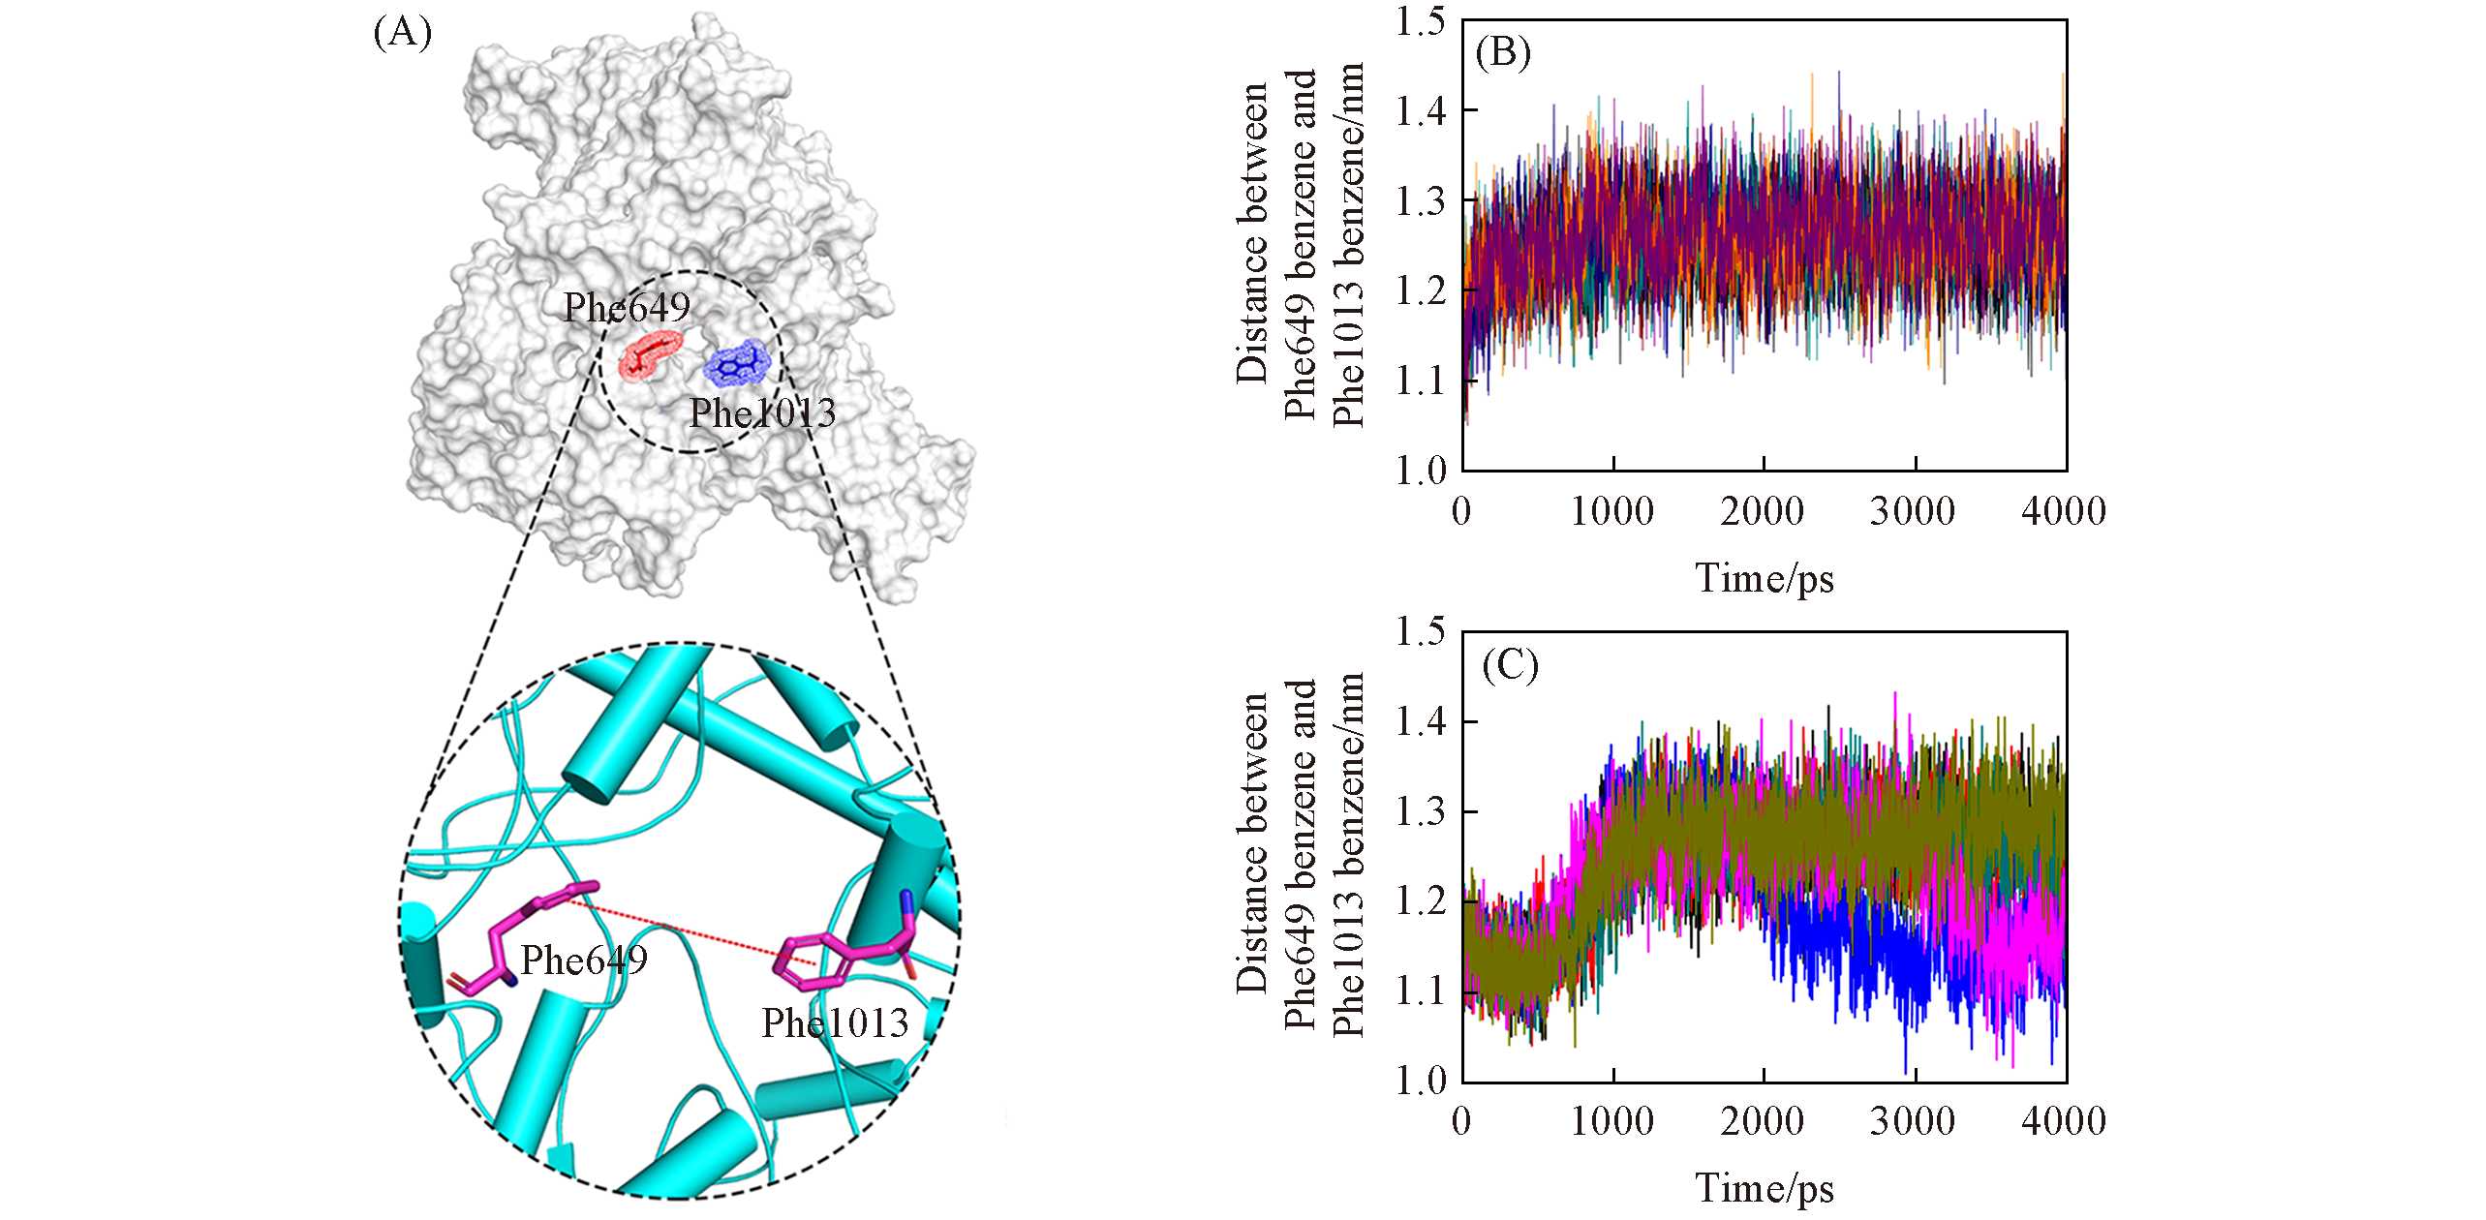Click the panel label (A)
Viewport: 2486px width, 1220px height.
click(x=402, y=33)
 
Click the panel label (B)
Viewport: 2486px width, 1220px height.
click(x=1502, y=51)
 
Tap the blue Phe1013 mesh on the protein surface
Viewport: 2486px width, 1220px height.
click(x=737, y=364)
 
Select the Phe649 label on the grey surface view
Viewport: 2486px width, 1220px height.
click(x=627, y=308)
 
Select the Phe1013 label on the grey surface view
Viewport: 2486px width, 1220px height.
click(x=761, y=413)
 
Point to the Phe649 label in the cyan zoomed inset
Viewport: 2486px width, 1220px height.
click(x=584, y=961)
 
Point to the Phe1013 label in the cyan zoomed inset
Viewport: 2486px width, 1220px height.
click(x=835, y=1023)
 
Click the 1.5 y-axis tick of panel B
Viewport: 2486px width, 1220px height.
click(x=1420, y=21)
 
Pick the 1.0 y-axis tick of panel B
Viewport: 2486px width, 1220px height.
click(x=1420, y=472)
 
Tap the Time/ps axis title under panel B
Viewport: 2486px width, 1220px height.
click(x=1764, y=579)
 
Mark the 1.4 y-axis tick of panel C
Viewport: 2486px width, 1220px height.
click(x=1420, y=721)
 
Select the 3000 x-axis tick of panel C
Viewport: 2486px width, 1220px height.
click(x=1913, y=1122)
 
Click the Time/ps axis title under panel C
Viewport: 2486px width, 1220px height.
click(x=1764, y=1189)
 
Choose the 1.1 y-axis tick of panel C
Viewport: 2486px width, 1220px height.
click(x=1420, y=991)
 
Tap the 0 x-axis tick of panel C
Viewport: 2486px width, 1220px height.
click(x=1461, y=1122)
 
